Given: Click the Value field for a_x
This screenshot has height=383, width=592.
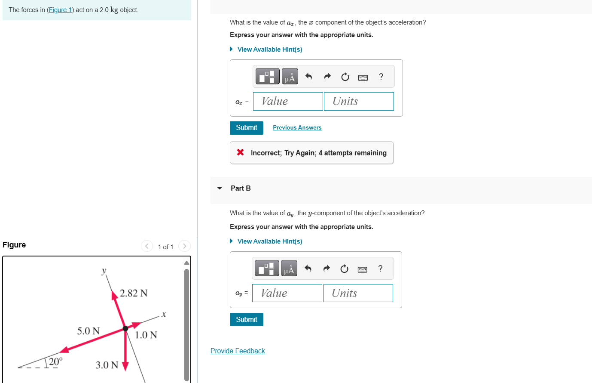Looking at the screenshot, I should click(288, 102).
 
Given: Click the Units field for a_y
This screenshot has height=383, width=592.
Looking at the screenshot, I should click(358, 293).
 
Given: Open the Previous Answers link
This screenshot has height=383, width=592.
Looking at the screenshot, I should click(297, 128).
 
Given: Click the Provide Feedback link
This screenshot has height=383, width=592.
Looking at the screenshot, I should click(238, 351).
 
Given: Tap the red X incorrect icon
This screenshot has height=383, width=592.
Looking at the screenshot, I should click(241, 152).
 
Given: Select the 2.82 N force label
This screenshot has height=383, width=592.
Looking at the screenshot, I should click(134, 293).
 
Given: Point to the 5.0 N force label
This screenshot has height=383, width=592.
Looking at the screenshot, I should click(88, 331).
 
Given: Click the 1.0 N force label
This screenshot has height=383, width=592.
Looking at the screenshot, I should click(146, 335).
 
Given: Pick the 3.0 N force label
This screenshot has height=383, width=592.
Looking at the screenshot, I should click(107, 365).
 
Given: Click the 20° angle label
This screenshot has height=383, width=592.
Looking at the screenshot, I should click(55, 361).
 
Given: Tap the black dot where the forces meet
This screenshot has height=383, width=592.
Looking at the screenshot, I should click(125, 328).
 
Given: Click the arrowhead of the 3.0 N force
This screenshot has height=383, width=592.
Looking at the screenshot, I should click(125, 366).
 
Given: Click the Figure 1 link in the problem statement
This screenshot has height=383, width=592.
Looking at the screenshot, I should click(60, 10).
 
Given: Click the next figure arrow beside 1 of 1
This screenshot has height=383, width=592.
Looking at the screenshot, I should click(184, 246).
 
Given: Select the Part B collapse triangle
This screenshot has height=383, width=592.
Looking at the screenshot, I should click(220, 188).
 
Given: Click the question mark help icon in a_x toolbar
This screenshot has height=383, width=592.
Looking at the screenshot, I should click(381, 77).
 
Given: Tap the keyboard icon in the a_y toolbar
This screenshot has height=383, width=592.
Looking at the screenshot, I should click(362, 269).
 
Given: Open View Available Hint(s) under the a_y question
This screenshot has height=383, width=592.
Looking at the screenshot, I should click(269, 241).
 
